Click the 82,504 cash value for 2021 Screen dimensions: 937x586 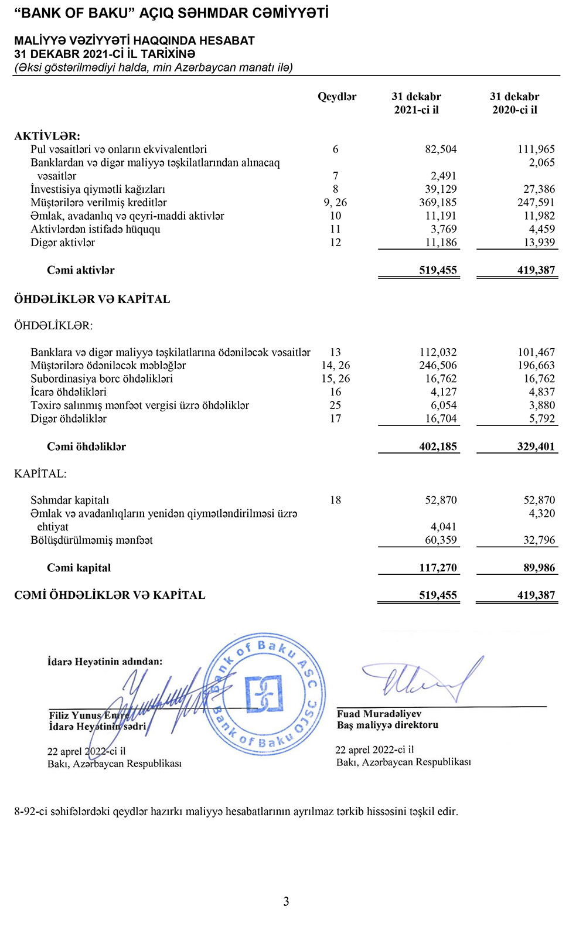441,149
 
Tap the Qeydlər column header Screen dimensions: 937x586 337,97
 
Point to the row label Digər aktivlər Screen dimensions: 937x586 63,243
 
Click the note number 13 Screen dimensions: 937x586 335,352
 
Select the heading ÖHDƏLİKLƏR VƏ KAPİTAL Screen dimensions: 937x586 92,299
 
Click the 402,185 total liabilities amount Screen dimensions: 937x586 438,447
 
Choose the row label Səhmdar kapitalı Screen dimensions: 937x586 70,500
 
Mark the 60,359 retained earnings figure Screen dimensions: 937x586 441,540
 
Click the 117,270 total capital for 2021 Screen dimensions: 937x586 438,568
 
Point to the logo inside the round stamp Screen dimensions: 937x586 264,694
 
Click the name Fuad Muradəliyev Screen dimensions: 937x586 379,714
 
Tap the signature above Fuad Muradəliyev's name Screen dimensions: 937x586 422,680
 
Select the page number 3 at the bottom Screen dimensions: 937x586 286,901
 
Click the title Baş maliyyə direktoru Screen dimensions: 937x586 387,725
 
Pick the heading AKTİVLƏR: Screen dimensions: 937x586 47,136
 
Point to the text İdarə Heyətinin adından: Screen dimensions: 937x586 105,662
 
